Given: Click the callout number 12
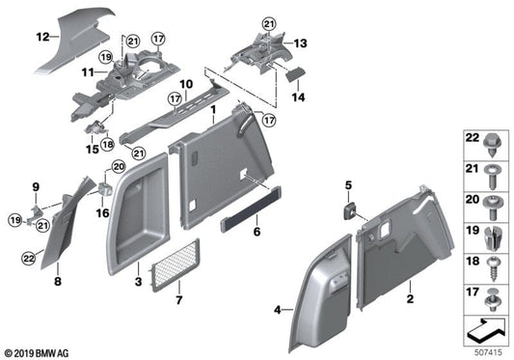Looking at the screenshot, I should coord(41,38).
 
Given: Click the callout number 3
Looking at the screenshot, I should coord(138,284).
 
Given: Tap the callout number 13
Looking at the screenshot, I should coord(300,42).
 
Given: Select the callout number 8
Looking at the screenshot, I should coord(57,284).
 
